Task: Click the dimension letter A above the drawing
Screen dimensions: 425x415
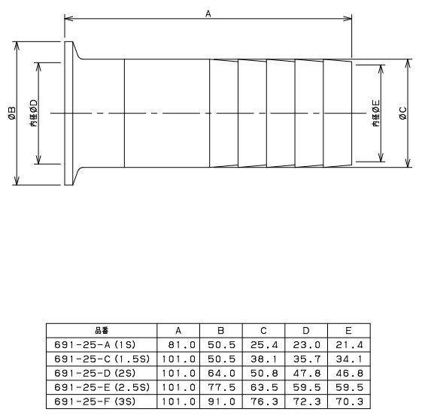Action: (x=208, y=14)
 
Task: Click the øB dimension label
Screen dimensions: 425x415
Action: (x=13, y=114)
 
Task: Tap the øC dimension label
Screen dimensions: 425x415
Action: (x=403, y=114)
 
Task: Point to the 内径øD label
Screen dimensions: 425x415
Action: (x=34, y=114)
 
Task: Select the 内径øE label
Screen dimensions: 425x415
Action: (x=375, y=114)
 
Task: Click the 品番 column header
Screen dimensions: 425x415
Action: (x=102, y=331)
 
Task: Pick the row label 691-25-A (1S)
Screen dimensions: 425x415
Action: (x=95, y=345)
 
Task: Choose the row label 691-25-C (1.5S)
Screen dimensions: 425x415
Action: (x=102, y=359)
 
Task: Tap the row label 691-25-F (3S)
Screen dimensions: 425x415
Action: (x=95, y=401)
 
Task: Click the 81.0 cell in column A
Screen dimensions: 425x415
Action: (x=181, y=345)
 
